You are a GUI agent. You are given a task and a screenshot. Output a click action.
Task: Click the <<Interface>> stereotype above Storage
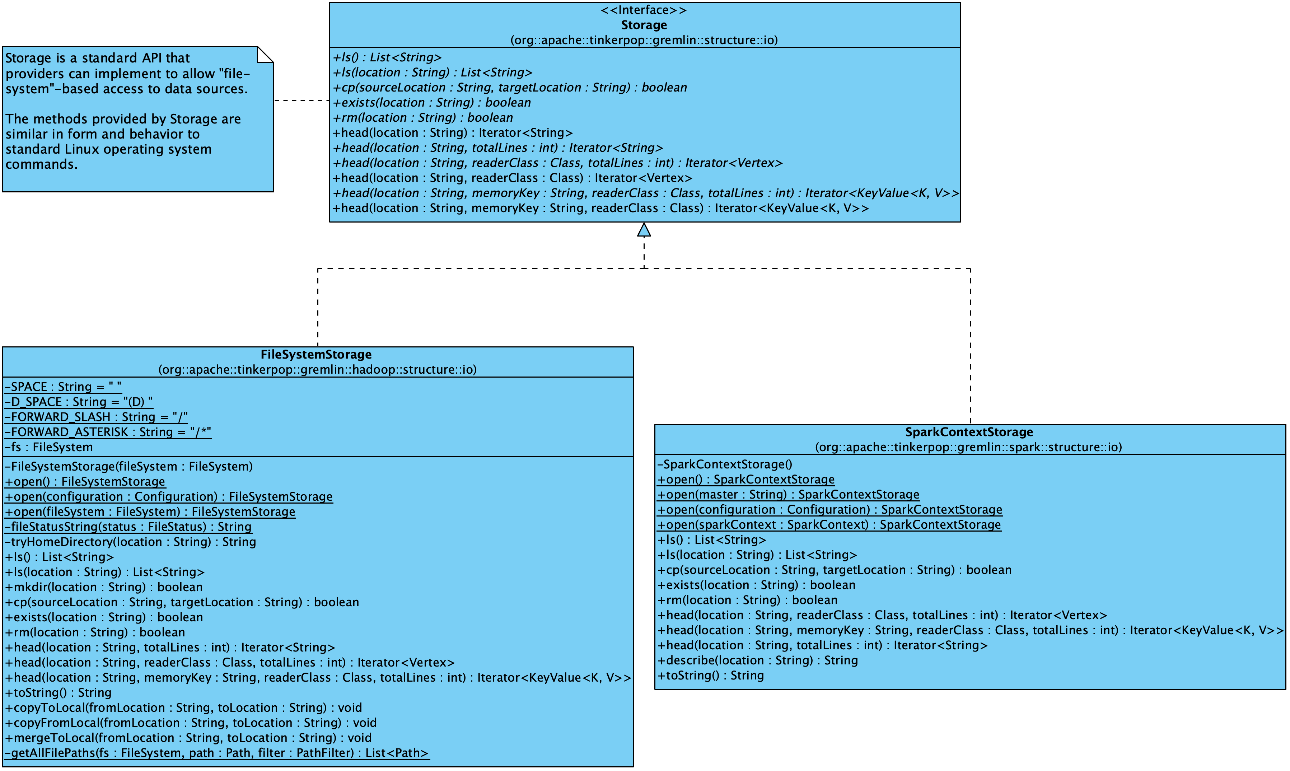click(x=644, y=10)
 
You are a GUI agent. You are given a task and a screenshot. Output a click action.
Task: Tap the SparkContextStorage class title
click(x=969, y=432)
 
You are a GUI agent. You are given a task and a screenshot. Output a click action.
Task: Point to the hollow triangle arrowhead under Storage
click(x=644, y=230)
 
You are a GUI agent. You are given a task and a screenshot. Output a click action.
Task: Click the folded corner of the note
click(x=265, y=54)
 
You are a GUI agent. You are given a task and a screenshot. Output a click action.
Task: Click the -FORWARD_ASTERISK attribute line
click(x=108, y=432)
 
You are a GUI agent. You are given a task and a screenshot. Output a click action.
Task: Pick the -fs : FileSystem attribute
click(x=50, y=447)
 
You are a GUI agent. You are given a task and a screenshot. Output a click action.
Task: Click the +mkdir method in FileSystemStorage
click(x=104, y=587)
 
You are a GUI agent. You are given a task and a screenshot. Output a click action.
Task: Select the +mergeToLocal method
click(x=188, y=738)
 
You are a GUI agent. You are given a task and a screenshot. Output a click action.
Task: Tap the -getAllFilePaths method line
click(x=217, y=753)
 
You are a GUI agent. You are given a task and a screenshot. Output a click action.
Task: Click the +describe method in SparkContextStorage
click(x=757, y=660)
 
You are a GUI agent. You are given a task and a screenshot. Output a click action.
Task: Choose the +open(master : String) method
click(x=788, y=495)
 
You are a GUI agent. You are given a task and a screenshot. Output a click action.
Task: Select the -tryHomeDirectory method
click(x=130, y=542)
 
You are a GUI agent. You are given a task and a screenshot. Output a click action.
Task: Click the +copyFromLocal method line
click(x=191, y=723)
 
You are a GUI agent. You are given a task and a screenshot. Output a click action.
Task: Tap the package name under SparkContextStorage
click(x=968, y=447)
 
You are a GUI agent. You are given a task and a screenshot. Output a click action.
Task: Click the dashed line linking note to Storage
click(x=302, y=100)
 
